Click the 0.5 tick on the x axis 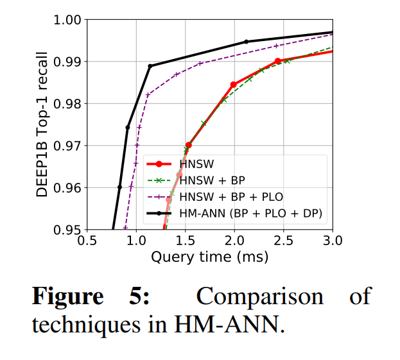click(87, 241)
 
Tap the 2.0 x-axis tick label click(234, 241)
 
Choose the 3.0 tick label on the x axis click(332, 241)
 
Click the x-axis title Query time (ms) click(209, 257)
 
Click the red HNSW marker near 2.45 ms click(278, 61)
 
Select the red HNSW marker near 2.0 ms click(234, 85)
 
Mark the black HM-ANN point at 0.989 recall click(150, 66)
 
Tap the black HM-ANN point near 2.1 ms click(246, 42)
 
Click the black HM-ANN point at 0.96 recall click(119, 187)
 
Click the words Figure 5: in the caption click(90, 297)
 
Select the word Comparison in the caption click(259, 297)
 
